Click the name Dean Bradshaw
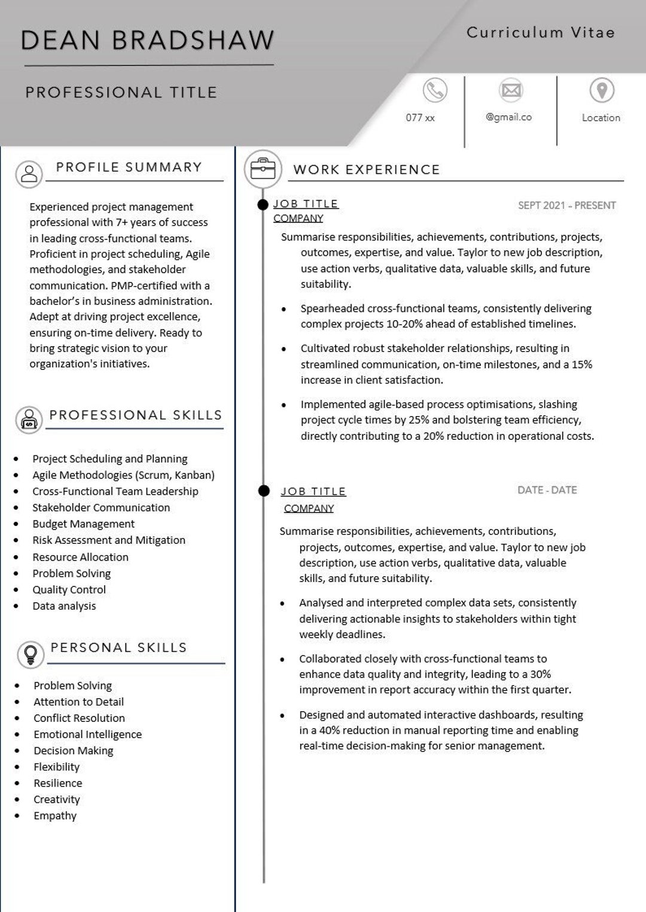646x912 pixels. (147, 41)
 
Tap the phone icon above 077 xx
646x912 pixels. (435, 90)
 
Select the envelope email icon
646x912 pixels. (511, 90)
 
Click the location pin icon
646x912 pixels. (602, 90)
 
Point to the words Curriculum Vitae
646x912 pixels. (540, 32)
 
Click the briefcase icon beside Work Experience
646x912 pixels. (263, 169)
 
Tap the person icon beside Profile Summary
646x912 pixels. (29, 174)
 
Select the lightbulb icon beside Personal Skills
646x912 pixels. (31, 654)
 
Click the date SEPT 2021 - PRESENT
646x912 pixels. (566, 206)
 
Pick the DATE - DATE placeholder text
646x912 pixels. (547, 490)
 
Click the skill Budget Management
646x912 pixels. (83, 524)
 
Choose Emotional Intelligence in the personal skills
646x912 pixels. (87, 735)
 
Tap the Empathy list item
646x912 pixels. (55, 816)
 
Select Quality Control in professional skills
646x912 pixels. (69, 590)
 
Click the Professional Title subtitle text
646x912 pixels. (121, 93)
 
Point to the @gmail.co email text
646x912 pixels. (508, 117)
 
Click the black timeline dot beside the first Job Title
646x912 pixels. (263, 205)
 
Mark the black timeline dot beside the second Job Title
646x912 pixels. (264, 491)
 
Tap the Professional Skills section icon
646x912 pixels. (29, 420)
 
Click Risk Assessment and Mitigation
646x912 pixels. (109, 540)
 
